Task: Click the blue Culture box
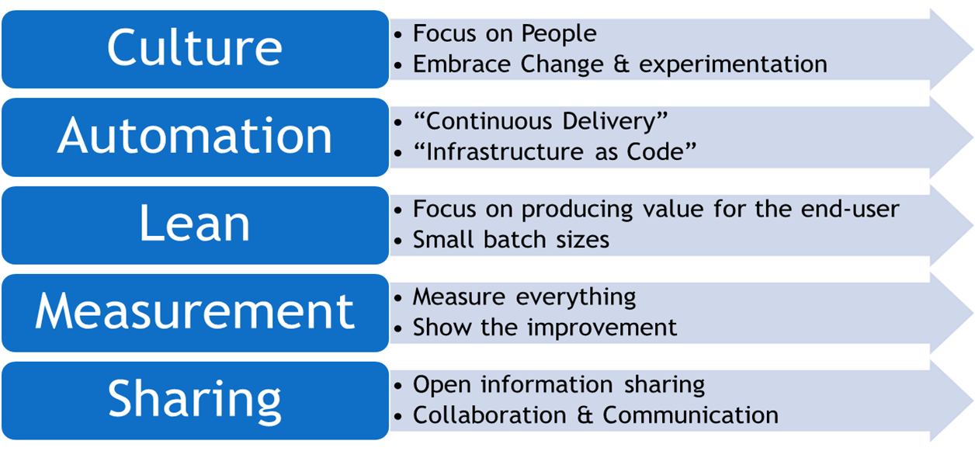coord(195,48)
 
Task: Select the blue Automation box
coord(195,137)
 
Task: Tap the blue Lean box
coord(195,224)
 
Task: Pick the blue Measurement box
coord(195,312)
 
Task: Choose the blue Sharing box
coord(195,400)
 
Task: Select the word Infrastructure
coord(505,151)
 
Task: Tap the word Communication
coord(690,415)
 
